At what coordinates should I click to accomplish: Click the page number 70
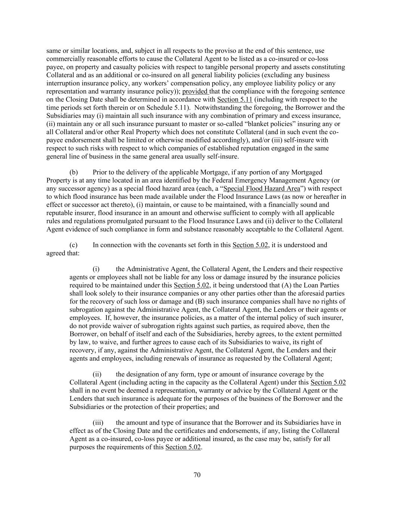(x=197, y=475)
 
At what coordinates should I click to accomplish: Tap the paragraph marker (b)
(x=74, y=172)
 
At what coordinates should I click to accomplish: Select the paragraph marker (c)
(x=74, y=245)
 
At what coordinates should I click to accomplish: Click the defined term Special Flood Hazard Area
(x=261, y=189)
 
